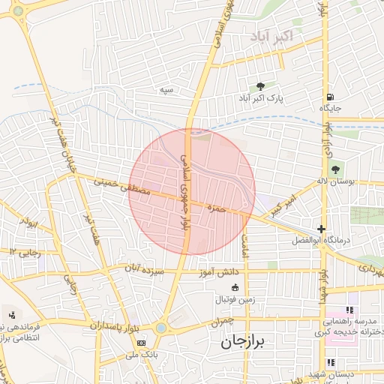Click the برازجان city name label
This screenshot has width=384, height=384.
point(248,342)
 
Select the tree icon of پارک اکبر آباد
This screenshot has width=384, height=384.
point(260,87)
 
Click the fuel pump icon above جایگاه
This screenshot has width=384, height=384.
point(330,97)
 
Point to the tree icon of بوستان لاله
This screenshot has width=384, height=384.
point(334,169)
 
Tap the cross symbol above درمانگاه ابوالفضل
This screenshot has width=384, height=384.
point(322,229)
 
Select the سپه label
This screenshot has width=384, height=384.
point(166,89)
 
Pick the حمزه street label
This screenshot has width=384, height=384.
point(217,209)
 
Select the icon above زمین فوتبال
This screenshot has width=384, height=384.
point(235,287)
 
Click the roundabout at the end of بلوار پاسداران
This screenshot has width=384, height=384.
point(160,328)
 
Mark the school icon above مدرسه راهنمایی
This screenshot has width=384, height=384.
point(349,310)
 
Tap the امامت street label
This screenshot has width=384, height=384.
point(245,241)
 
